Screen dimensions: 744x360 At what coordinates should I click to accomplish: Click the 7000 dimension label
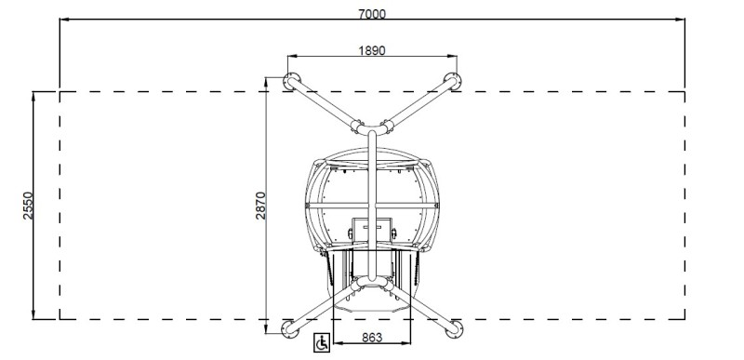pyautogui.click(x=372, y=14)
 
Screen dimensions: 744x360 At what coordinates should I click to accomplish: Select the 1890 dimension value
pyautogui.click(x=372, y=50)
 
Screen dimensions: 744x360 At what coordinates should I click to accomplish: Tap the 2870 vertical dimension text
pyautogui.click(x=261, y=206)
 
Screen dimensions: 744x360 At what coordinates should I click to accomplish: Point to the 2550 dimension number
pyautogui.click(x=29, y=206)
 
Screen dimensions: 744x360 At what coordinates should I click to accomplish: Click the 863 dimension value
pyautogui.click(x=372, y=338)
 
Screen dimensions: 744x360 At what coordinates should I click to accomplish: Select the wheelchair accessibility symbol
pyautogui.click(x=322, y=342)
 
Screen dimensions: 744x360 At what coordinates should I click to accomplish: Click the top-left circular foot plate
pyautogui.click(x=291, y=81)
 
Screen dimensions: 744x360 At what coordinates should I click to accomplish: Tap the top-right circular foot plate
pyautogui.click(x=453, y=81)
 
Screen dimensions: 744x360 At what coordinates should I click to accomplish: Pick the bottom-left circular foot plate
pyautogui.click(x=290, y=329)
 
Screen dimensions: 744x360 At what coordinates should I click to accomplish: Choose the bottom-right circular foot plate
pyautogui.click(x=454, y=329)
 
